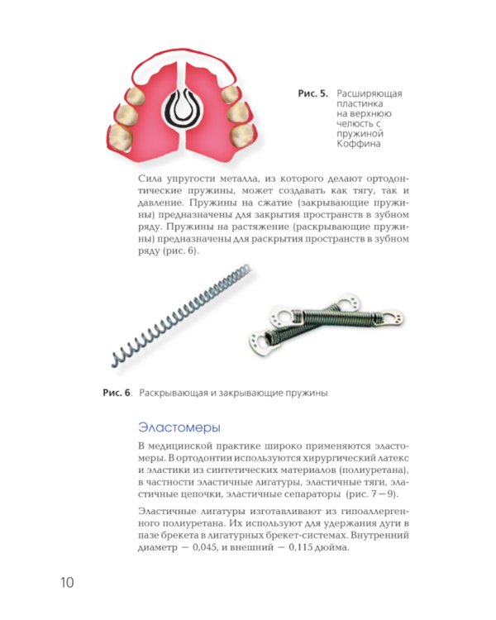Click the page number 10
pos(67,583)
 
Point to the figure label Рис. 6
pos(117,393)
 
